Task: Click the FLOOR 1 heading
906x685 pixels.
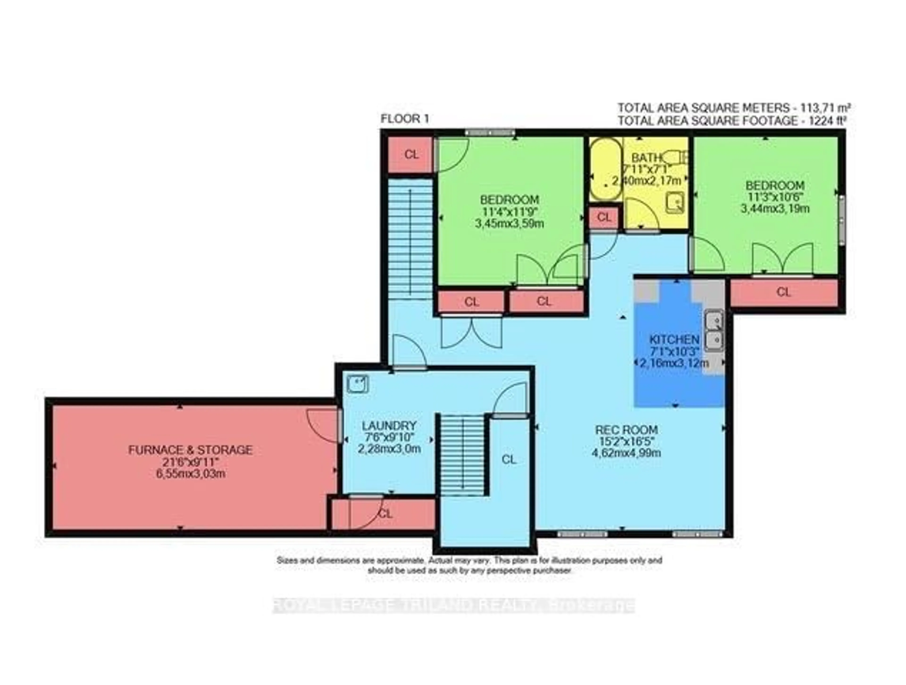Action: (405, 119)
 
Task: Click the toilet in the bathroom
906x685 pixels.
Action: (674, 156)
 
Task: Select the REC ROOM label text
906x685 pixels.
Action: (626, 430)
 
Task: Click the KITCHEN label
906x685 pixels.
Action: (674, 339)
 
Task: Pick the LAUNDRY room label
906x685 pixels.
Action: (389, 425)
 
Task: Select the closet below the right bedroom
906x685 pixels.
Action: (784, 292)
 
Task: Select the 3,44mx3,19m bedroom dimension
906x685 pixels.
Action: (775, 209)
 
